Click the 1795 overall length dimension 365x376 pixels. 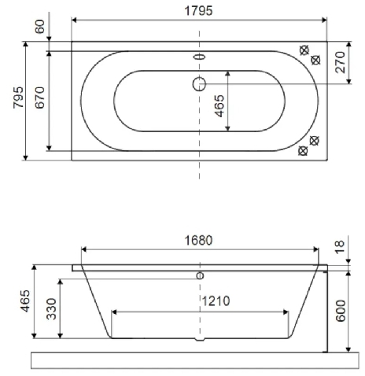tap(200, 10)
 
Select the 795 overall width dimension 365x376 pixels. tap(16, 99)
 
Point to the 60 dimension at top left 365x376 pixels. tap(40, 28)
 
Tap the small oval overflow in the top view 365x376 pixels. tap(199, 57)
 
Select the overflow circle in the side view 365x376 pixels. tap(200, 275)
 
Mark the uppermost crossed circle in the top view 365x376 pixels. tap(304, 50)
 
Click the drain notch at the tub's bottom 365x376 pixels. tap(198, 341)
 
